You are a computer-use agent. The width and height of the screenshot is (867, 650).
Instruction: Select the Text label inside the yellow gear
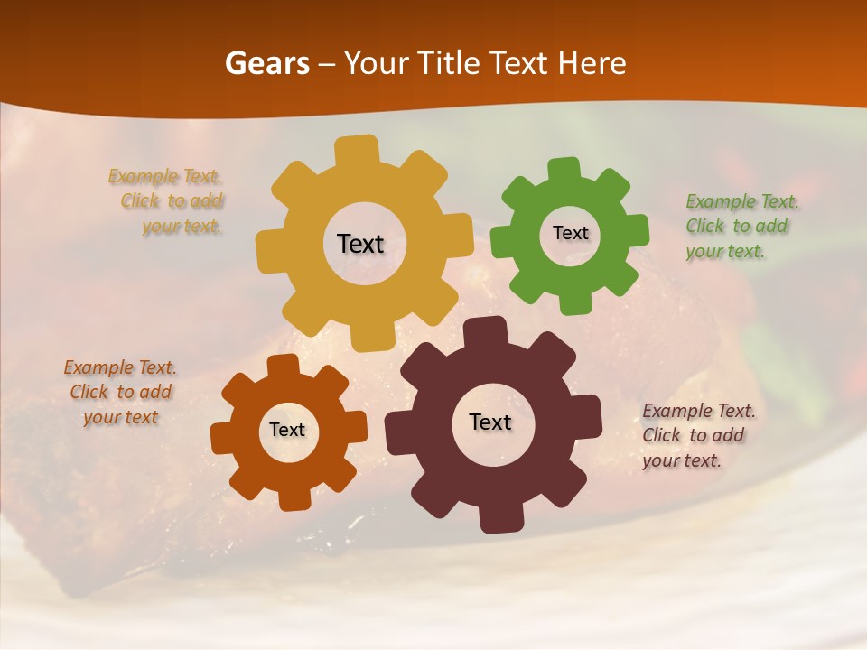[x=360, y=244]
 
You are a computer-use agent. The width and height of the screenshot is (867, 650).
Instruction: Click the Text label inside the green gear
[x=570, y=233]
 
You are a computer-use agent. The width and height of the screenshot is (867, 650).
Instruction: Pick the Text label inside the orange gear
[x=287, y=431]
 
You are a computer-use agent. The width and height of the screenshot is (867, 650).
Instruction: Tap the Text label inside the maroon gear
[x=490, y=422]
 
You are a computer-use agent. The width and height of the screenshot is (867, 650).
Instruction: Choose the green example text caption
[x=741, y=227]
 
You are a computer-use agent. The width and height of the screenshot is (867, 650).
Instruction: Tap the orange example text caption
[x=120, y=393]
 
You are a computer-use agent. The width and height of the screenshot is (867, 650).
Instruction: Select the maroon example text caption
[x=697, y=435]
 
